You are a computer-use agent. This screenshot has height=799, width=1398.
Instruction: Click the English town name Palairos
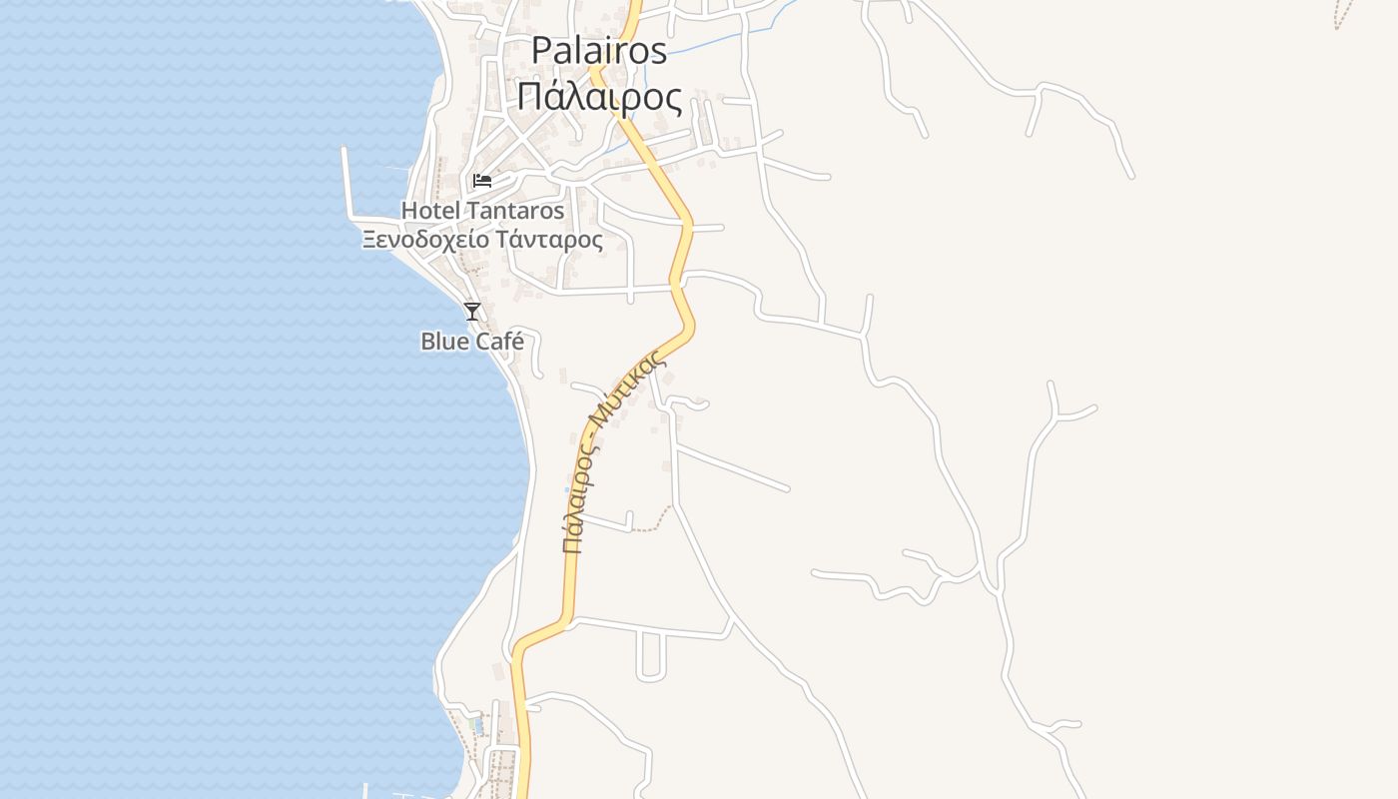(599, 50)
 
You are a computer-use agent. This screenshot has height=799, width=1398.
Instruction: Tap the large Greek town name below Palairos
(599, 98)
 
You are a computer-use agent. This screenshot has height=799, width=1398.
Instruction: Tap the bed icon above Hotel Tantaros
(482, 181)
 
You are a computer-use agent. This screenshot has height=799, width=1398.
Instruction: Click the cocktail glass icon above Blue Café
(472, 312)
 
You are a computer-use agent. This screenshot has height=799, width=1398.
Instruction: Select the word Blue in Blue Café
(441, 341)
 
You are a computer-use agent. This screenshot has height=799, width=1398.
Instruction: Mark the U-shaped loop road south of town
(651, 659)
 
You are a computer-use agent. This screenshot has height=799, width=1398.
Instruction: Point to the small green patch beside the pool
(471, 721)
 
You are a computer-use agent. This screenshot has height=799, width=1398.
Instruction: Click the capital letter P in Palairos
(542, 50)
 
